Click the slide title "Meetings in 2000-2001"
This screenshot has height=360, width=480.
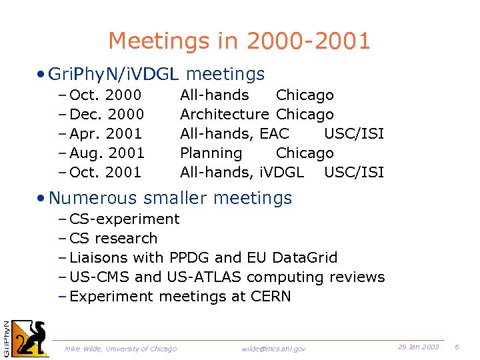[239, 41]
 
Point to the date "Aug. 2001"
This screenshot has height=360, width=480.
[107, 153]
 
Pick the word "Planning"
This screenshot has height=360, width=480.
[211, 153]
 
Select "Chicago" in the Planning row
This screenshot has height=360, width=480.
[305, 153]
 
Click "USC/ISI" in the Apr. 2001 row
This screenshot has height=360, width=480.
[354, 134]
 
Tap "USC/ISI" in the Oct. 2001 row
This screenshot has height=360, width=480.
[354, 173]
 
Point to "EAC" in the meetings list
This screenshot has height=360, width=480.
[274, 134]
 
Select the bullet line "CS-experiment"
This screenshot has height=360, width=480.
[124, 219]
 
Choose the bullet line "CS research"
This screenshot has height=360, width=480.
[113, 239]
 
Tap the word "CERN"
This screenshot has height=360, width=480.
[271, 297]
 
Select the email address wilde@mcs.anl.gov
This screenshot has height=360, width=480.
[274, 349]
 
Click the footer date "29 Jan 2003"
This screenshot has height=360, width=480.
[419, 347]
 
